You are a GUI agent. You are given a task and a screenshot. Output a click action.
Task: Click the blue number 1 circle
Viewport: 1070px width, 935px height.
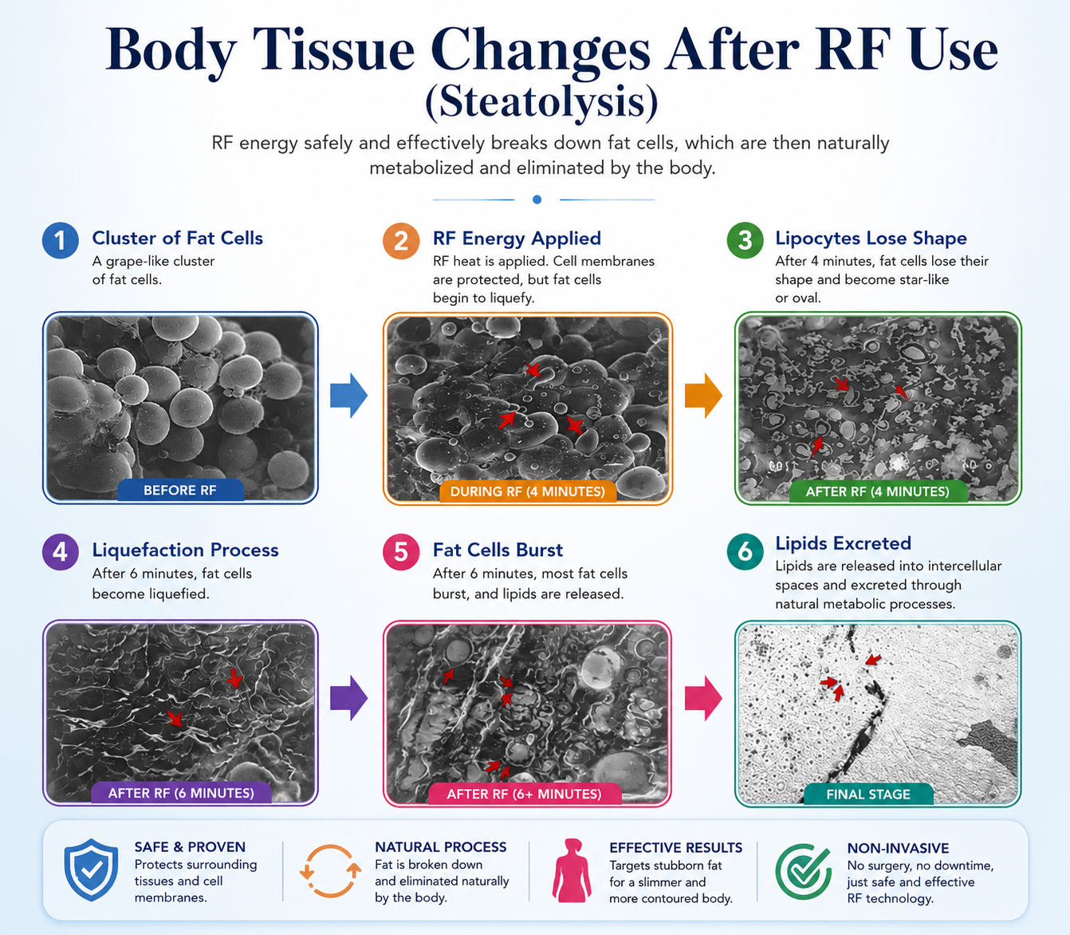(60, 240)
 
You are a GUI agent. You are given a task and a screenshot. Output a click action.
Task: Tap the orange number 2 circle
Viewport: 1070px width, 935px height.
(400, 241)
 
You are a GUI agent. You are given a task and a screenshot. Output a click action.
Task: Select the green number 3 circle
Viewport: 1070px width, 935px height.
(745, 239)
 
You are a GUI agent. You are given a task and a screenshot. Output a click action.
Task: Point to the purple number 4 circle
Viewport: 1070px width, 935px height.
(60, 551)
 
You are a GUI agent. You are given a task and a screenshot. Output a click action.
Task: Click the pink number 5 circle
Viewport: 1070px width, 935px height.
(400, 551)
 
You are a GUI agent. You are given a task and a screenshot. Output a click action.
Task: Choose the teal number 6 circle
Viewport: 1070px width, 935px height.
(745, 551)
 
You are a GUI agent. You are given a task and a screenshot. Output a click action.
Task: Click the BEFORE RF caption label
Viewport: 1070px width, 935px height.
(180, 491)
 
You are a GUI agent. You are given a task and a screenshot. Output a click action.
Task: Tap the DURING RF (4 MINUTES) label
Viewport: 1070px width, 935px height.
(528, 491)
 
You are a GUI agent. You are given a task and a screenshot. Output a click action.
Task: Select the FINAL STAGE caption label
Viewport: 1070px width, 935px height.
(868, 795)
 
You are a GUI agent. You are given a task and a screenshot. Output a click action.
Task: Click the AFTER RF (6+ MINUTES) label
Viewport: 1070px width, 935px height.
(524, 795)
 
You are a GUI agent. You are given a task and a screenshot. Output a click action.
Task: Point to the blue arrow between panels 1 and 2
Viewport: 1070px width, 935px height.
(348, 396)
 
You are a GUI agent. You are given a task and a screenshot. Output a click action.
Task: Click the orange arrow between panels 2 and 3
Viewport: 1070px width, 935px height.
(703, 396)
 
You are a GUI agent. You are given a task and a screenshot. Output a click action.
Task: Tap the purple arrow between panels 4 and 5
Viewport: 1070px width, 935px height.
(348, 698)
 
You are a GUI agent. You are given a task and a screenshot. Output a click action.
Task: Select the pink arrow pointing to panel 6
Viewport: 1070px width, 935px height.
(703, 698)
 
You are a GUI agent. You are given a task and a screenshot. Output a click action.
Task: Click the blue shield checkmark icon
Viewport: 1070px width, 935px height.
(91, 870)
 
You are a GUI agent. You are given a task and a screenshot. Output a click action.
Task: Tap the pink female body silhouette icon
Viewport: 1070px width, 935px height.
(572, 870)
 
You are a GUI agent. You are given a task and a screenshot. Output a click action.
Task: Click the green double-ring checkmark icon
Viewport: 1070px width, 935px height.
(803, 871)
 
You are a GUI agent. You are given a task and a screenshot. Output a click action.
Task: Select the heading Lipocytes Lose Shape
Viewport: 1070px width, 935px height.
(871, 238)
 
